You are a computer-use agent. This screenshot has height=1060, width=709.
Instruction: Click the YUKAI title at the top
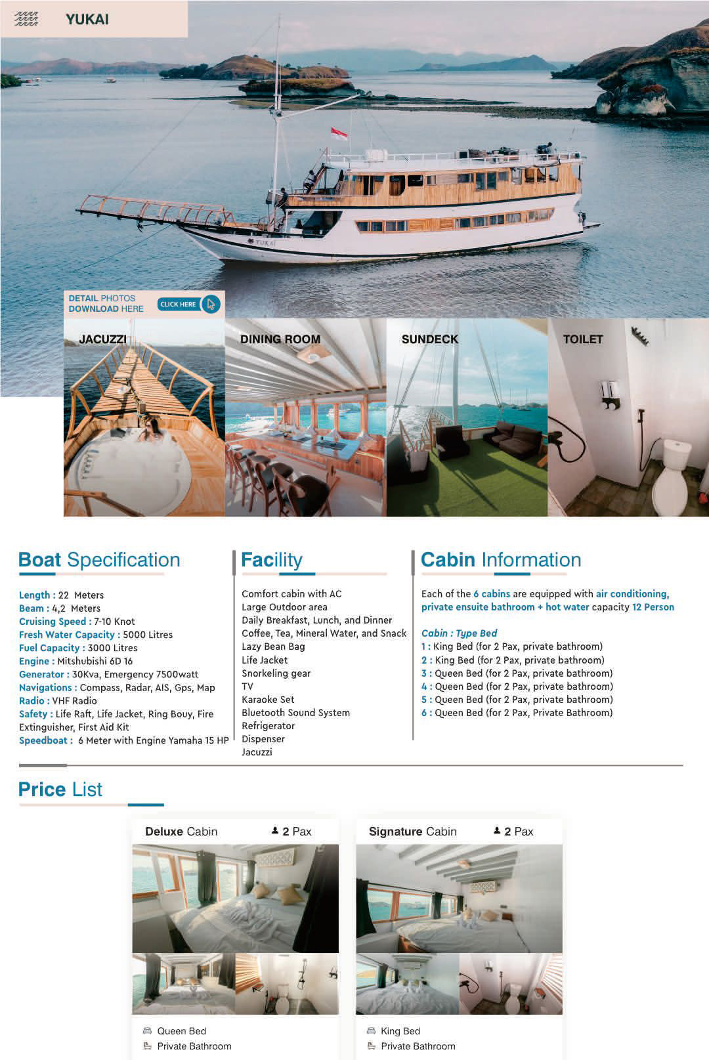point(87,20)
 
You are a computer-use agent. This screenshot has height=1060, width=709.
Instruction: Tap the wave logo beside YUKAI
point(26,19)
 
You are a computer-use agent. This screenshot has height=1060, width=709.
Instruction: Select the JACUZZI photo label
point(102,339)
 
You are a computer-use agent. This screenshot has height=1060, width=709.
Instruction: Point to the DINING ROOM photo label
point(280,339)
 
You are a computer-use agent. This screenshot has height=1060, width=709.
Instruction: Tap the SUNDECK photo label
point(430,339)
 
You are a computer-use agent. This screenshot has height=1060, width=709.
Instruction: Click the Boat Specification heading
point(99,560)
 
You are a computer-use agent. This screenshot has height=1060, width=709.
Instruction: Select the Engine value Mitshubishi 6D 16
point(95,661)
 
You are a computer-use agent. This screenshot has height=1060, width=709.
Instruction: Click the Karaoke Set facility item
point(268,700)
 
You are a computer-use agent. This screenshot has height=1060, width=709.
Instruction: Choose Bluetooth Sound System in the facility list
point(295,713)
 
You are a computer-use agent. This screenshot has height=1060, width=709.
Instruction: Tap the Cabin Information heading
point(501,560)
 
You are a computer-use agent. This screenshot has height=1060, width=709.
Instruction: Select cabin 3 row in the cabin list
point(517,673)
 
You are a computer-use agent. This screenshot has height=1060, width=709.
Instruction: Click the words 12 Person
point(653,607)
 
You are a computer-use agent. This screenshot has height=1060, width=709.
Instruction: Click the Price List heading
point(60,790)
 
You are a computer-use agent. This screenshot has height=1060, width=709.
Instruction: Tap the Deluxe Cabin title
point(181,832)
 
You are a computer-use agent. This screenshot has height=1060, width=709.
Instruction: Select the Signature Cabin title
point(412,832)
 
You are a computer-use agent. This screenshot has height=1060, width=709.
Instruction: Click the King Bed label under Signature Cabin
point(400,1031)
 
